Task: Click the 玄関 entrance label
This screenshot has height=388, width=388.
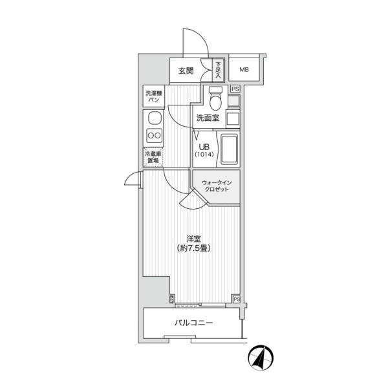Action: click(186, 70)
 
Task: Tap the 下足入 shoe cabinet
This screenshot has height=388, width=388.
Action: click(218, 70)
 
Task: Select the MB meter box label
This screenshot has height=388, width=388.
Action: click(244, 70)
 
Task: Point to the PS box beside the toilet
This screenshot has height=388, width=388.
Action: click(235, 89)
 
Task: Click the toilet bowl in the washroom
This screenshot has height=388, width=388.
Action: click(215, 98)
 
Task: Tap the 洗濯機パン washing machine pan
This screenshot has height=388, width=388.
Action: click(154, 96)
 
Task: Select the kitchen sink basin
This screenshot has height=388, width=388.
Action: click(155, 118)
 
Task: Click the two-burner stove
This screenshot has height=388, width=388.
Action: click(155, 135)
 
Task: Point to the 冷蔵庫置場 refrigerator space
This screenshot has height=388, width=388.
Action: click(153, 157)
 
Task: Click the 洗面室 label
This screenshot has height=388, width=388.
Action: click(208, 118)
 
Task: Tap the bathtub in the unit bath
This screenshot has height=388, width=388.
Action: click(230, 149)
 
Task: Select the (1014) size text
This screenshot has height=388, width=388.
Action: click(204, 155)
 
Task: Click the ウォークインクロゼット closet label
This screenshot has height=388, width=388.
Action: click(217, 186)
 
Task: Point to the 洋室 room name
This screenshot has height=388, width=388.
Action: click(193, 239)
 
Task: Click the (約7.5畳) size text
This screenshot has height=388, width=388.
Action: click(194, 248)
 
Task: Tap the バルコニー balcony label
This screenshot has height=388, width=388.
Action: click(194, 323)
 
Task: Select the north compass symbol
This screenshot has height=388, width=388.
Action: click(261, 357)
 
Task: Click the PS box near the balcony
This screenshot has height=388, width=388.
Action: click(237, 299)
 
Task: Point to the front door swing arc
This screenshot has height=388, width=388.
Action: click(195, 43)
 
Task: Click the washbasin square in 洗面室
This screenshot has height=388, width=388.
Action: click(233, 118)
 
